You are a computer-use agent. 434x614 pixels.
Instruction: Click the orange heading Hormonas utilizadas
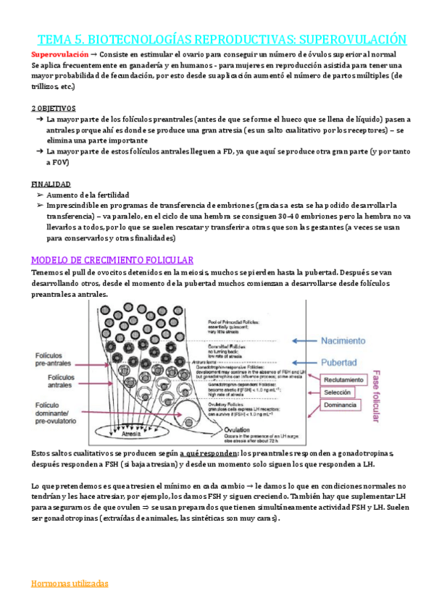tap(70, 583)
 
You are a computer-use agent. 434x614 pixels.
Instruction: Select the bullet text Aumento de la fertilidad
tap(88, 195)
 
